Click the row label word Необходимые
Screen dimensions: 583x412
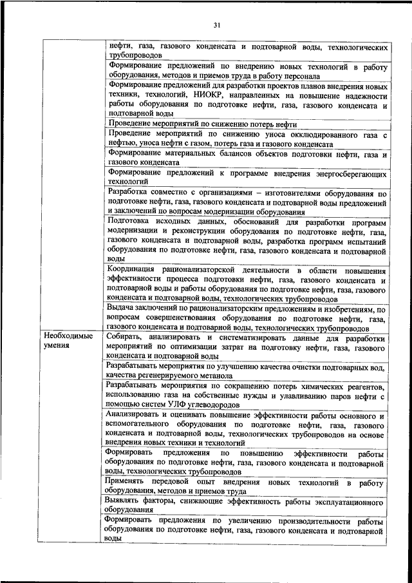[68, 336]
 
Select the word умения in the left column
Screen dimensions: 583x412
[56, 346]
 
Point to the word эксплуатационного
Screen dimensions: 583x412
[348, 501]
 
